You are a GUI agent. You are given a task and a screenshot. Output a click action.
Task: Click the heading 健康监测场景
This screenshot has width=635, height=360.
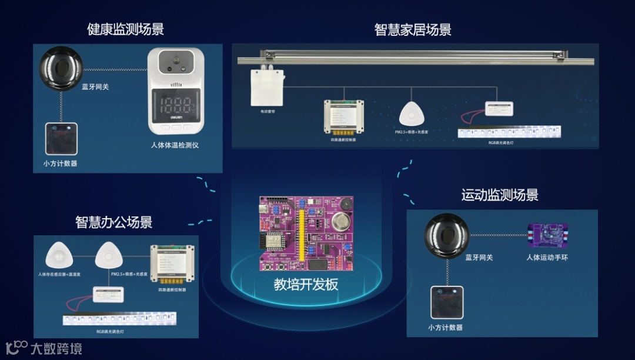pyautogui.click(x=125, y=29)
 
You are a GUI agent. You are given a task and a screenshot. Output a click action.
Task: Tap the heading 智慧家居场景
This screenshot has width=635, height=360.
pyautogui.click(x=413, y=30)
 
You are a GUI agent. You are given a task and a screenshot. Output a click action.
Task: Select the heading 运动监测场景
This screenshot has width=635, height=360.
pyautogui.click(x=500, y=195)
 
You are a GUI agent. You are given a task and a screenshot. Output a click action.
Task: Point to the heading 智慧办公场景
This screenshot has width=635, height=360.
pyautogui.click(x=114, y=222)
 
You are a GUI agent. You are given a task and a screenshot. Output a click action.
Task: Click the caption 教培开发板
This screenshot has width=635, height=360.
pyautogui.click(x=306, y=285)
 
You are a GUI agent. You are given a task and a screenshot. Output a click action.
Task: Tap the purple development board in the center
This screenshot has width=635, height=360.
pyautogui.click(x=306, y=234)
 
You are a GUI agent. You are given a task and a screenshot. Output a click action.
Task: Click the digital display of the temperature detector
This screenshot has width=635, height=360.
pyautogui.click(x=175, y=105)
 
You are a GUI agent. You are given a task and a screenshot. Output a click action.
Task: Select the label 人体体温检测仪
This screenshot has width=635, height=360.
pyautogui.click(x=175, y=145)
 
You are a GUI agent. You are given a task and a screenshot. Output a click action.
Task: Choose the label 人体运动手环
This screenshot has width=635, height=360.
pyautogui.click(x=547, y=258)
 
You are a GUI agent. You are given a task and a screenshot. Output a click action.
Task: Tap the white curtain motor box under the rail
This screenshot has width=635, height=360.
pyautogui.click(x=267, y=86)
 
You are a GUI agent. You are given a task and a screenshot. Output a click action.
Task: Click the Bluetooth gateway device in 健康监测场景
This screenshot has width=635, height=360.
pyautogui.click(x=61, y=68)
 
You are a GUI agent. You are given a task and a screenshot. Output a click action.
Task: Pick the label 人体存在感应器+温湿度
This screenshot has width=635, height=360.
pyautogui.click(x=58, y=274)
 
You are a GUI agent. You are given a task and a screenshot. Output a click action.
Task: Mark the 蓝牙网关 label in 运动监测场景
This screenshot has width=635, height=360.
pyautogui.click(x=479, y=258)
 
